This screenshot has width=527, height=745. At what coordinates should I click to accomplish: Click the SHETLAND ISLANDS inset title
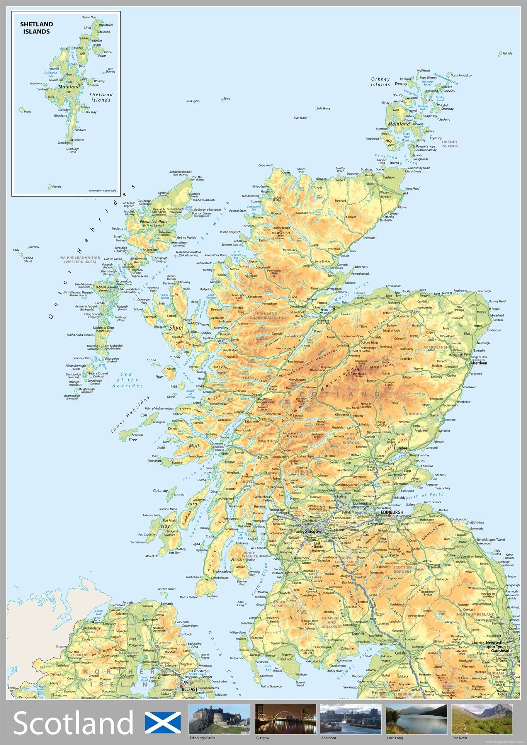36,28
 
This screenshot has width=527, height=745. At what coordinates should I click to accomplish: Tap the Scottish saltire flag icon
163,723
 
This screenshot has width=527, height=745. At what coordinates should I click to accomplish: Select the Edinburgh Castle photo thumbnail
219,719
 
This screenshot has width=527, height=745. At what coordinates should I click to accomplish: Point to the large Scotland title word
73,723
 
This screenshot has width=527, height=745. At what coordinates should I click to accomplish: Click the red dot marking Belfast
181,687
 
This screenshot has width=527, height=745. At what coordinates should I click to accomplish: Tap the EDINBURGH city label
392,512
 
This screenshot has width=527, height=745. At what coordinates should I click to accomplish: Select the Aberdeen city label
479,363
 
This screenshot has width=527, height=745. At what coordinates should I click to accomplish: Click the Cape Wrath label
266,165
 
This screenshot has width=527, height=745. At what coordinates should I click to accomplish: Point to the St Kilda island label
28,258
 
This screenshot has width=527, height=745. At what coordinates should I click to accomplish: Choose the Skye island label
175,328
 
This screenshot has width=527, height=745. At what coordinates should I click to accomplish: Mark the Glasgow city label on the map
313,532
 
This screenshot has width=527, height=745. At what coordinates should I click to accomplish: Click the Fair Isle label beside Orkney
507,54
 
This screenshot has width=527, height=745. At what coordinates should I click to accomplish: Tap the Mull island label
194,446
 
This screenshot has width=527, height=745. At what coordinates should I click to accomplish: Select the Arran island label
237,559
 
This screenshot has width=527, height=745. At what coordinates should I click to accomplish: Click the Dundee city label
401,448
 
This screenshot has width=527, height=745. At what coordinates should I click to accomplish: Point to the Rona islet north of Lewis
226,99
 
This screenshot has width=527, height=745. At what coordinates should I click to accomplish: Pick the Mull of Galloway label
271,686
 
